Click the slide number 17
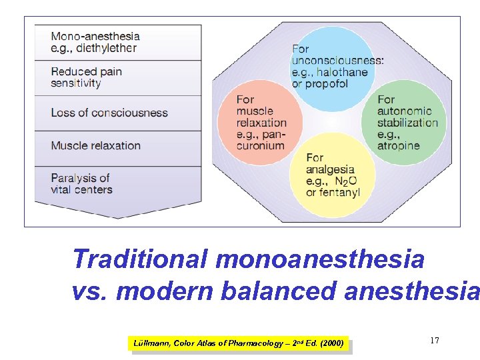[x=435, y=341]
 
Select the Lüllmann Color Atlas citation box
[x=239, y=343]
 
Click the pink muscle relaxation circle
[x=260, y=122]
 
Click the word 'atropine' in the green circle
[x=398, y=145]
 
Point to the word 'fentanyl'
[x=340, y=193]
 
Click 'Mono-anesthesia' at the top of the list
[x=95, y=36]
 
